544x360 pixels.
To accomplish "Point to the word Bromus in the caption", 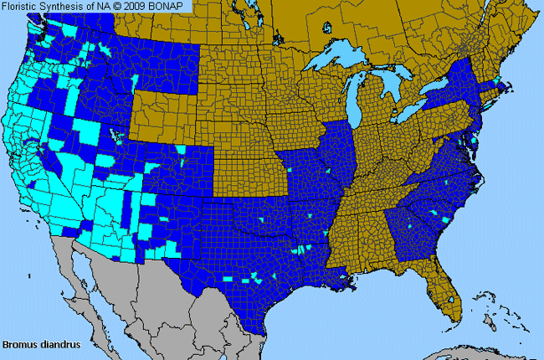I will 18,343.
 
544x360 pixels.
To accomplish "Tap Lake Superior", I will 339,59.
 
